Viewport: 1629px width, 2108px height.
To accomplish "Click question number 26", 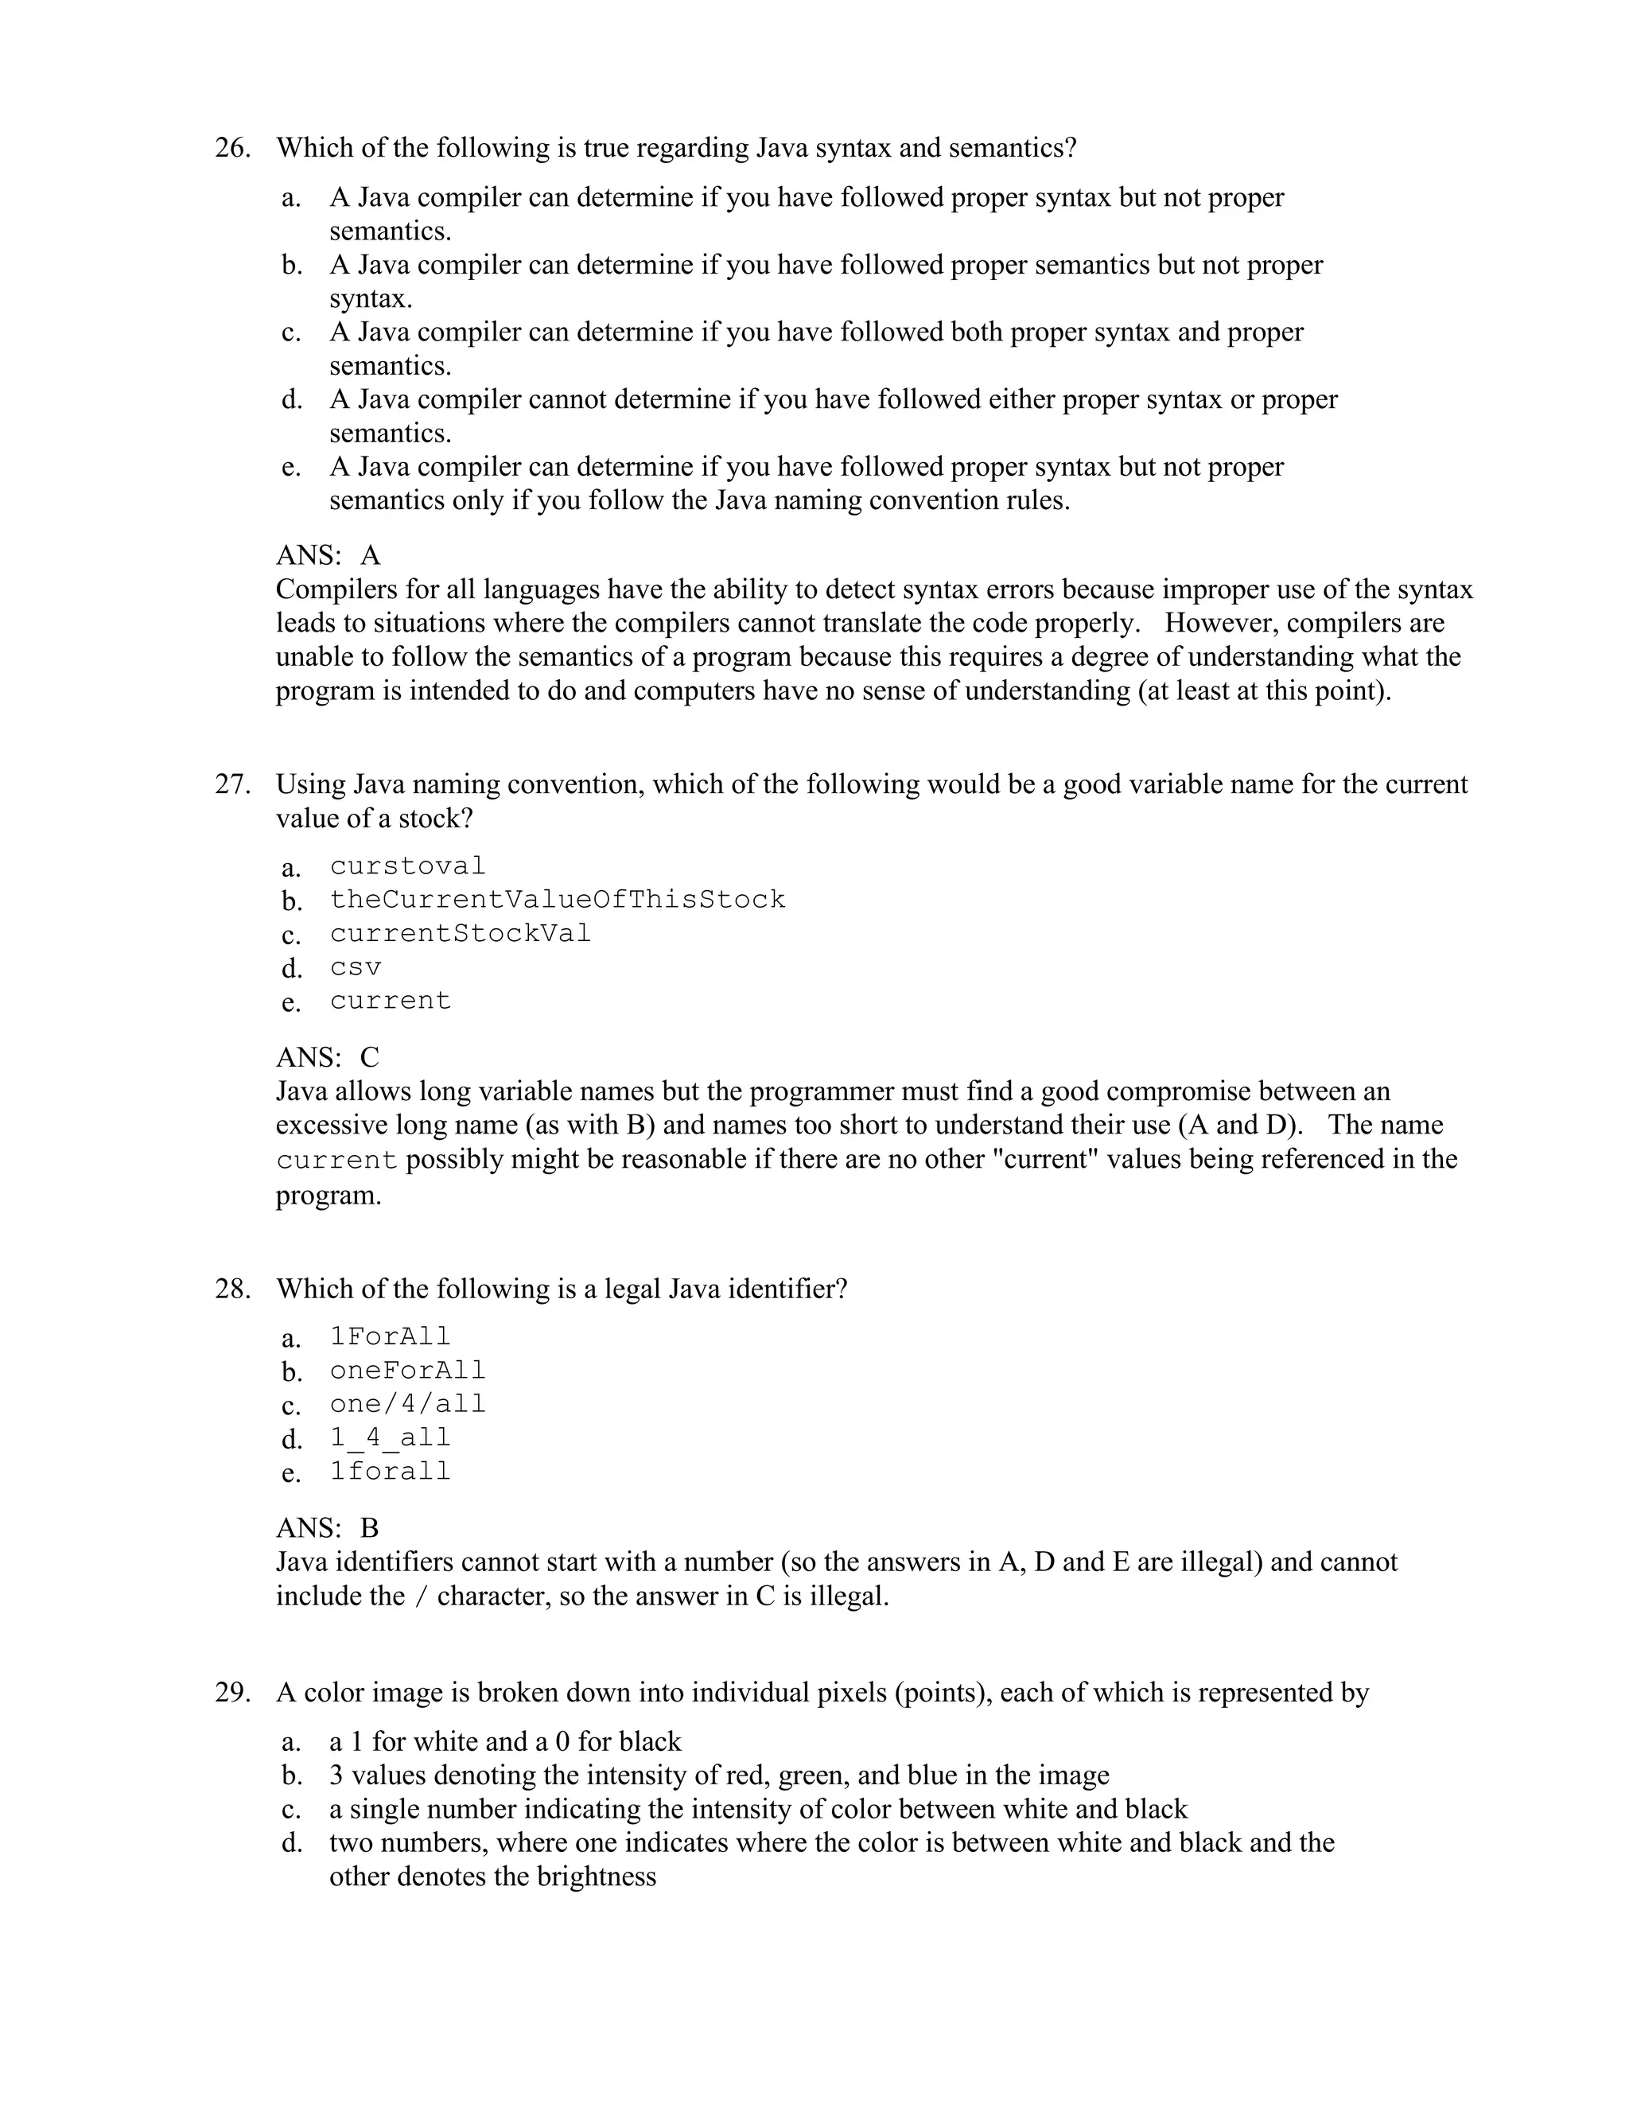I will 232,149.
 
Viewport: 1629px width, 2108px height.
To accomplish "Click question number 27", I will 232,784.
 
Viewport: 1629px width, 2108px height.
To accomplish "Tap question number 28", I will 232,1289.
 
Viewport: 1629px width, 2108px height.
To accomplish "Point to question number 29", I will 232,1693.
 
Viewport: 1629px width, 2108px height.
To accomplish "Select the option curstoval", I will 407,867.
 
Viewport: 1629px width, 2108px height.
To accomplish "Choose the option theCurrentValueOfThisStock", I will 558,900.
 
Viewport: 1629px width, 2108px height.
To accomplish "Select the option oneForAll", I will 407,1371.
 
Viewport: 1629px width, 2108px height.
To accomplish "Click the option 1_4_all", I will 390,1439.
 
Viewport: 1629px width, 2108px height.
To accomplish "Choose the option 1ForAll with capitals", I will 390,1338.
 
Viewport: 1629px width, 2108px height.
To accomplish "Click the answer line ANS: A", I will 329,556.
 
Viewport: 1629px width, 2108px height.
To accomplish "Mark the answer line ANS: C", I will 329,1058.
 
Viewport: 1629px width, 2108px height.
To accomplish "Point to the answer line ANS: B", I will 329,1529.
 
